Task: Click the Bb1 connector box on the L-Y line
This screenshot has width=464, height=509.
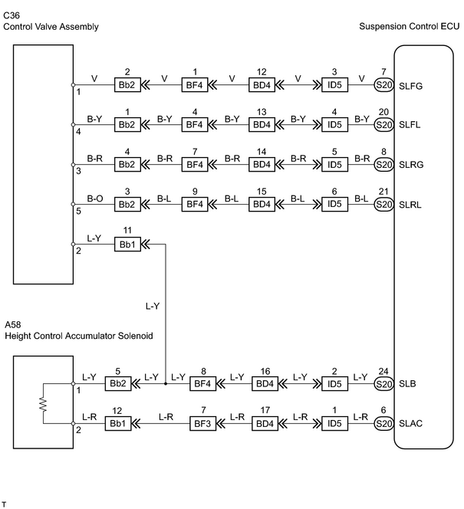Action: click(x=127, y=244)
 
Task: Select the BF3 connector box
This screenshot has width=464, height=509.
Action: click(x=202, y=424)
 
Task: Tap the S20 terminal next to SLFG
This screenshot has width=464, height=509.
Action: click(x=383, y=85)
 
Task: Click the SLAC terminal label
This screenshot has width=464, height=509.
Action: click(x=410, y=424)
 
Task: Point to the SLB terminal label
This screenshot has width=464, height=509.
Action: click(x=407, y=384)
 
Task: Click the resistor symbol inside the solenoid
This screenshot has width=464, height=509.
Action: click(x=43, y=404)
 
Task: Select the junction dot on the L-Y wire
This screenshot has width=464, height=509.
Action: click(x=166, y=384)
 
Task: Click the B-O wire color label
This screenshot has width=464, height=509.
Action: click(x=95, y=199)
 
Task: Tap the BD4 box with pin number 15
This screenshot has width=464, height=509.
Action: click(x=262, y=204)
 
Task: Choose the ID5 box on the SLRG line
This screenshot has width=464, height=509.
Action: click(x=334, y=164)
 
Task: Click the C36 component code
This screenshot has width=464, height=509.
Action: click(x=12, y=15)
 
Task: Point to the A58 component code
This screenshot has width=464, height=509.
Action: click(x=13, y=324)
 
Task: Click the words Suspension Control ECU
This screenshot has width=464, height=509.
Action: click(x=409, y=26)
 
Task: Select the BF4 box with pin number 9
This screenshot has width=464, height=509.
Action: click(x=195, y=204)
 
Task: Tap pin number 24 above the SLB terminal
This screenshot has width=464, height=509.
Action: click(x=383, y=371)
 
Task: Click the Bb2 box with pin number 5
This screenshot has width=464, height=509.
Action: click(x=118, y=384)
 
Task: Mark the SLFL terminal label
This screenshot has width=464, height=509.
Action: click(x=410, y=125)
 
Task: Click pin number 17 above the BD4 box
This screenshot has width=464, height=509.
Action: click(x=265, y=410)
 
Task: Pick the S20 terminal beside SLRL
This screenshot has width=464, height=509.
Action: click(x=383, y=204)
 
